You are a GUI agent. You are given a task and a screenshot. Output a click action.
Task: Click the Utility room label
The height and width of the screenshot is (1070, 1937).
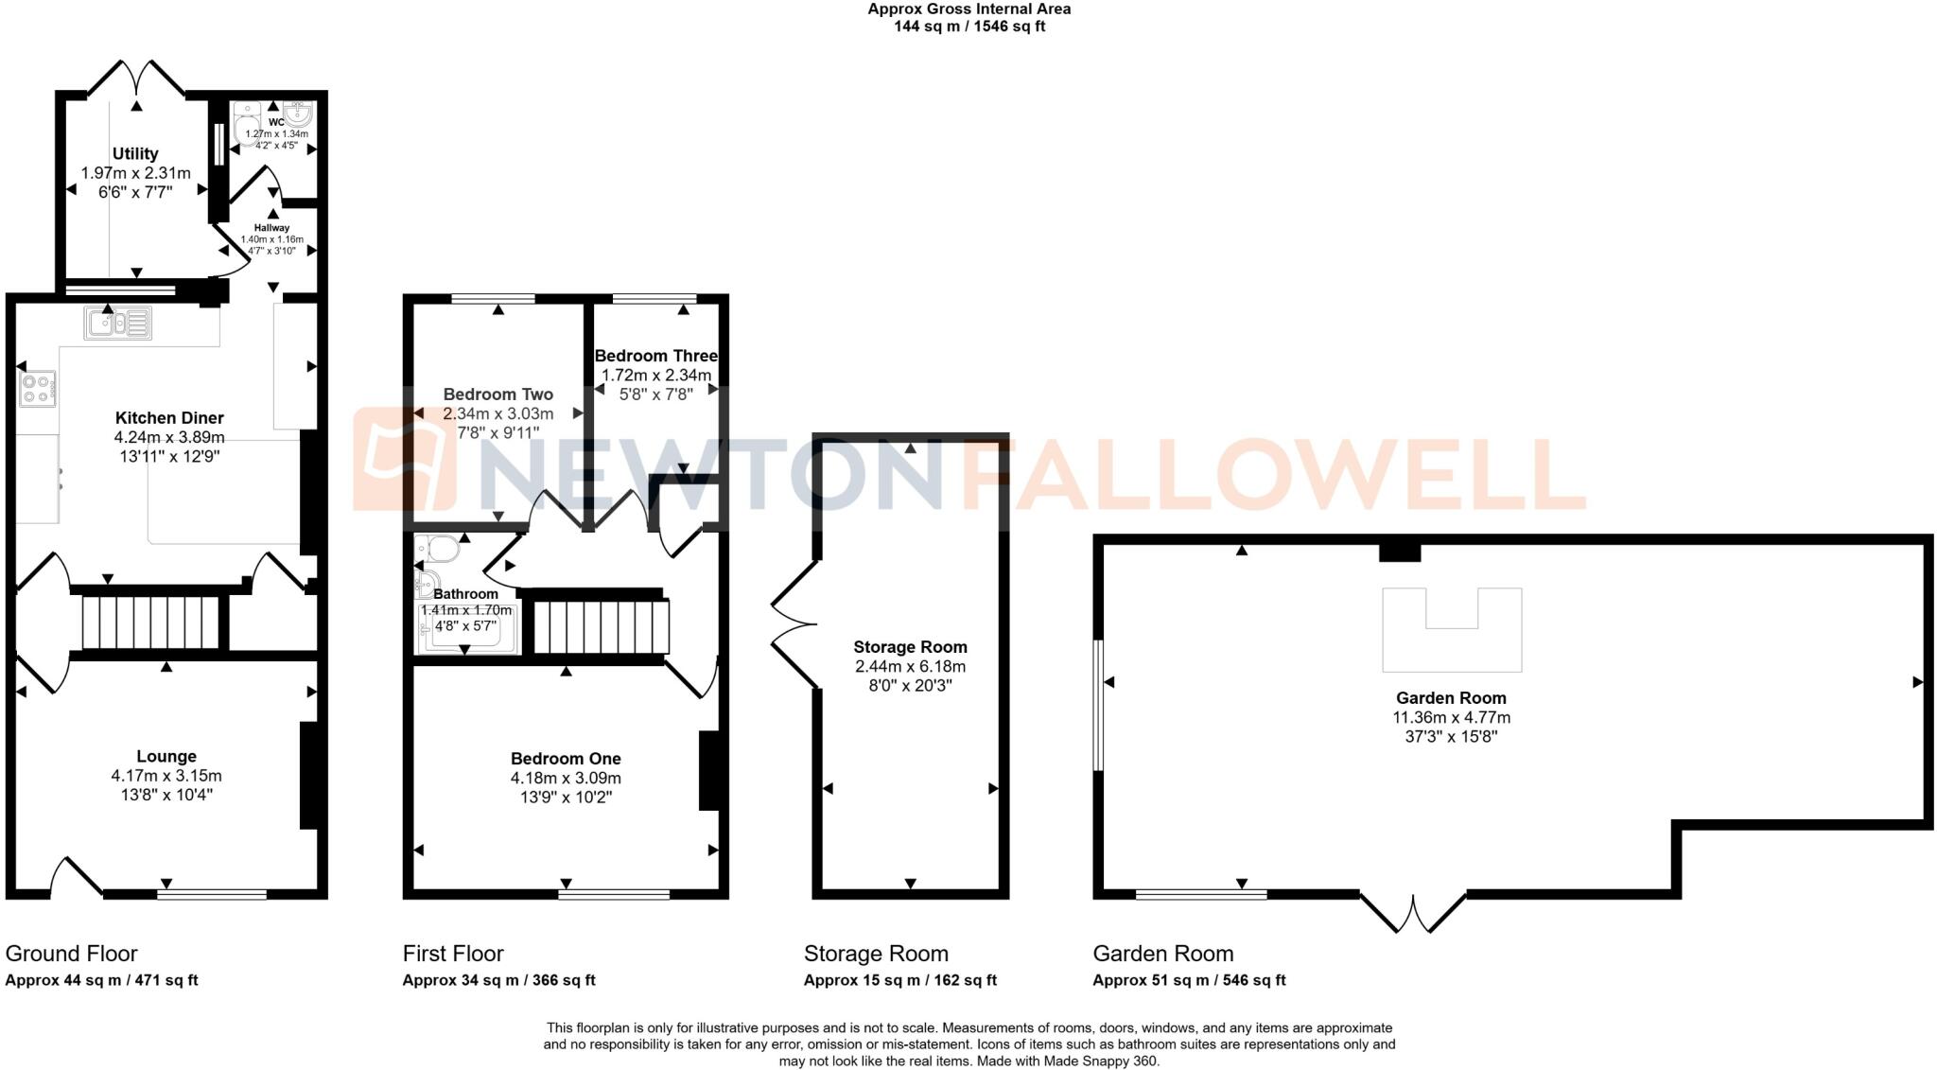click(135, 153)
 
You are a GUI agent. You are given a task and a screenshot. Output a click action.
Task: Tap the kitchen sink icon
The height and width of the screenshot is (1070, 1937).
click(117, 325)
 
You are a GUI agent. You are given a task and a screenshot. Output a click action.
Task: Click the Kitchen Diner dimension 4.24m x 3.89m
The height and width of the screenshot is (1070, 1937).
click(169, 437)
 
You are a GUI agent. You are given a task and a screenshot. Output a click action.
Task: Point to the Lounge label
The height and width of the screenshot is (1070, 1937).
click(166, 756)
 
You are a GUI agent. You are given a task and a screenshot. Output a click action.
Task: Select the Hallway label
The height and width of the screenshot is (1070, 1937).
click(271, 228)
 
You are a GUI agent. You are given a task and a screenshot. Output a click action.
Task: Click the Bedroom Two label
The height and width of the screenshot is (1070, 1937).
click(497, 395)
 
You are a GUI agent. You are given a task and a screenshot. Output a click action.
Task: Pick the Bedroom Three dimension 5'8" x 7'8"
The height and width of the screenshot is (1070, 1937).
click(655, 394)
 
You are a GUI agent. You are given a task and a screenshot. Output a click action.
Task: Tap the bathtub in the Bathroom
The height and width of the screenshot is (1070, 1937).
click(467, 629)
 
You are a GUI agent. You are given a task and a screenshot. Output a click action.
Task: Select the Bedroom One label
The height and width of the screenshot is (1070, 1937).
click(566, 759)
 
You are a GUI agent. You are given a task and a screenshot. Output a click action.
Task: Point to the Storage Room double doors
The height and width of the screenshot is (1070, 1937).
click(794, 623)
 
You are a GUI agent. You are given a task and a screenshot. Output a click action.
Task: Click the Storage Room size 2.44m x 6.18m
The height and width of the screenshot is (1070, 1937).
click(910, 666)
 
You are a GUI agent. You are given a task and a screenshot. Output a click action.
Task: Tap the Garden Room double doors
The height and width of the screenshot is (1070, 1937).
click(1413, 912)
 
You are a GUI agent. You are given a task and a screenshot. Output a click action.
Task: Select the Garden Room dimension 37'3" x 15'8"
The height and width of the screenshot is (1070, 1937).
click(1451, 736)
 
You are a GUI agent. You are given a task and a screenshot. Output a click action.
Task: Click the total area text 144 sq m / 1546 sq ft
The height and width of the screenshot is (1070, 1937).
click(968, 26)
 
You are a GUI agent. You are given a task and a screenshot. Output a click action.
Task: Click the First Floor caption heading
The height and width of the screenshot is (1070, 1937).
click(453, 954)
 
